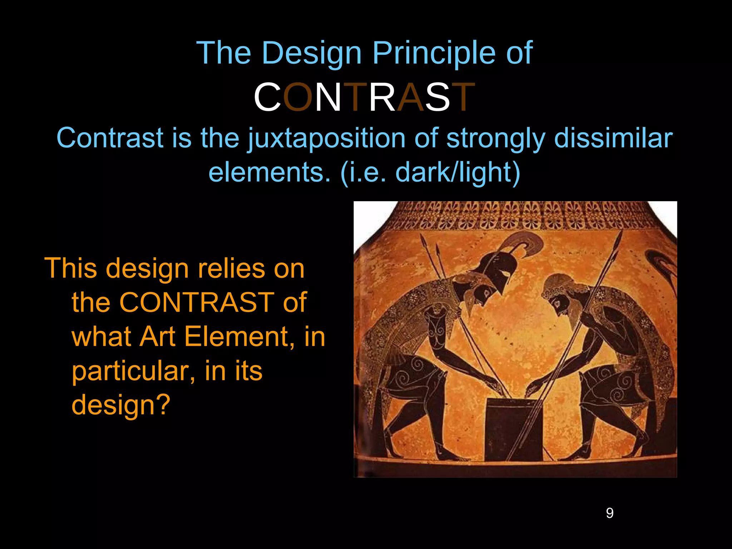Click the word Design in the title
pyautogui.click(x=311, y=54)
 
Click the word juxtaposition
pyautogui.click(x=326, y=139)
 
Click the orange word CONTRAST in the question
pyautogui.click(x=196, y=302)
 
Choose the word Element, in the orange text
pyautogui.click(x=239, y=337)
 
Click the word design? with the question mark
pyautogui.click(x=121, y=405)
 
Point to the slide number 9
pyautogui.click(x=610, y=513)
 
